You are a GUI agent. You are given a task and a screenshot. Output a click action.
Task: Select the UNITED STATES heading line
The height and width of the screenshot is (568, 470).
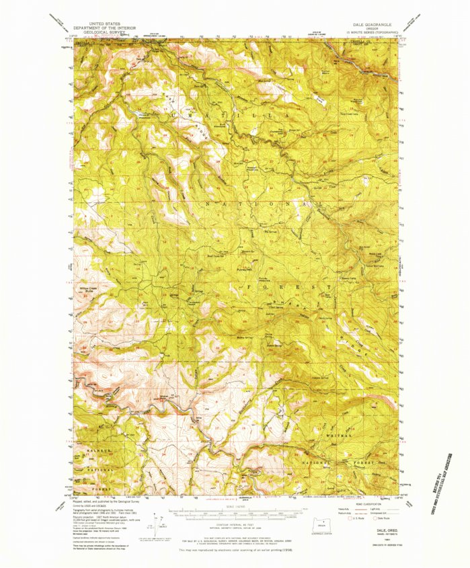pyautogui.click(x=104, y=22)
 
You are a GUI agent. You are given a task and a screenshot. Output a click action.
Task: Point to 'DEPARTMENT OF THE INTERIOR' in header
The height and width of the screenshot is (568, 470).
pyautogui.click(x=104, y=26)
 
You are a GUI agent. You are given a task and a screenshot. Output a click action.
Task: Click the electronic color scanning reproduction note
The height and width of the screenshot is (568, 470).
pyautogui.click(x=235, y=549)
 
